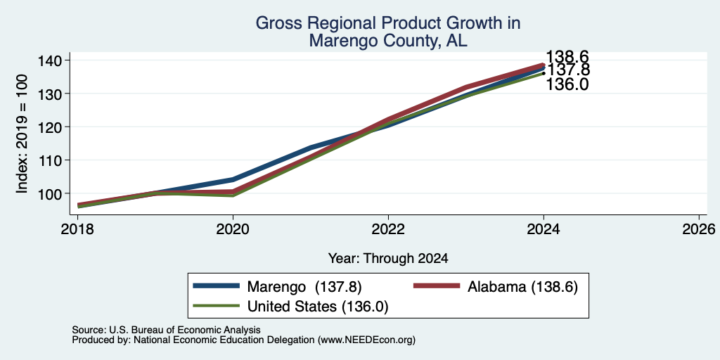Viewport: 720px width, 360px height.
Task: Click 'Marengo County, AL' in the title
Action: pyautogui.click(x=388, y=40)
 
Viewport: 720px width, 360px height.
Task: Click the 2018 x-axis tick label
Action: pyautogui.click(x=77, y=229)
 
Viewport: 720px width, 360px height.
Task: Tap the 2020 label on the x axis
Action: pyautogui.click(x=233, y=229)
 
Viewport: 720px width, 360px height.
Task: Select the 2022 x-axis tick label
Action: pyautogui.click(x=388, y=229)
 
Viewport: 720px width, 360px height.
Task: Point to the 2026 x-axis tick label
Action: pyautogui.click(x=699, y=229)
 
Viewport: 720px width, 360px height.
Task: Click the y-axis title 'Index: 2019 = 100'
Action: pyautogui.click(x=22, y=134)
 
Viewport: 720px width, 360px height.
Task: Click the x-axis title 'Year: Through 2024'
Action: pyautogui.click(x=388, y=259)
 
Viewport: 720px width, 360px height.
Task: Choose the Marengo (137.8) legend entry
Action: pyautogui.click(x=277, y=287)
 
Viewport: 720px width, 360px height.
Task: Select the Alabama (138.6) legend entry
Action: pyautogui.click(x=496, y=287)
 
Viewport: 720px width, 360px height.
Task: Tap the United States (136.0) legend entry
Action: pyautogui.click(x=290, y=307)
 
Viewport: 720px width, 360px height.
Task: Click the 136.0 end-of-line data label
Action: pyautogui.click(x=567, y=84)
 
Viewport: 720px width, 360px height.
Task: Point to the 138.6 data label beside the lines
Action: pyautogui.click(x=567, y=57)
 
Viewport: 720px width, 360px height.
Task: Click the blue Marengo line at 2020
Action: pyautogui.click(x=233, y=179)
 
